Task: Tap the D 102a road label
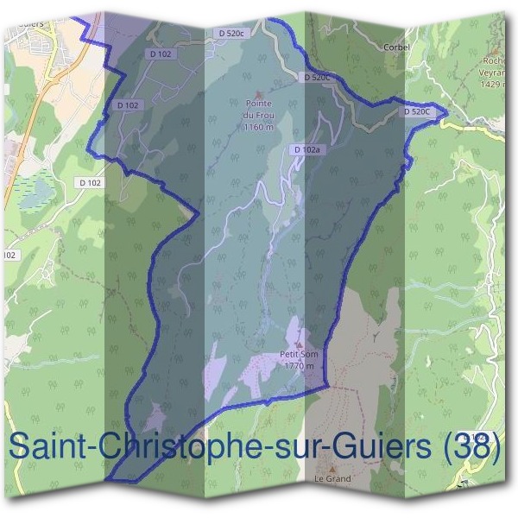306,150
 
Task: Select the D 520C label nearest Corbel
318,78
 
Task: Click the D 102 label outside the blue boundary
89,183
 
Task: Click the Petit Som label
296,355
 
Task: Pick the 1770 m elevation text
298,365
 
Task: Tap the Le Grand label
332,478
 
